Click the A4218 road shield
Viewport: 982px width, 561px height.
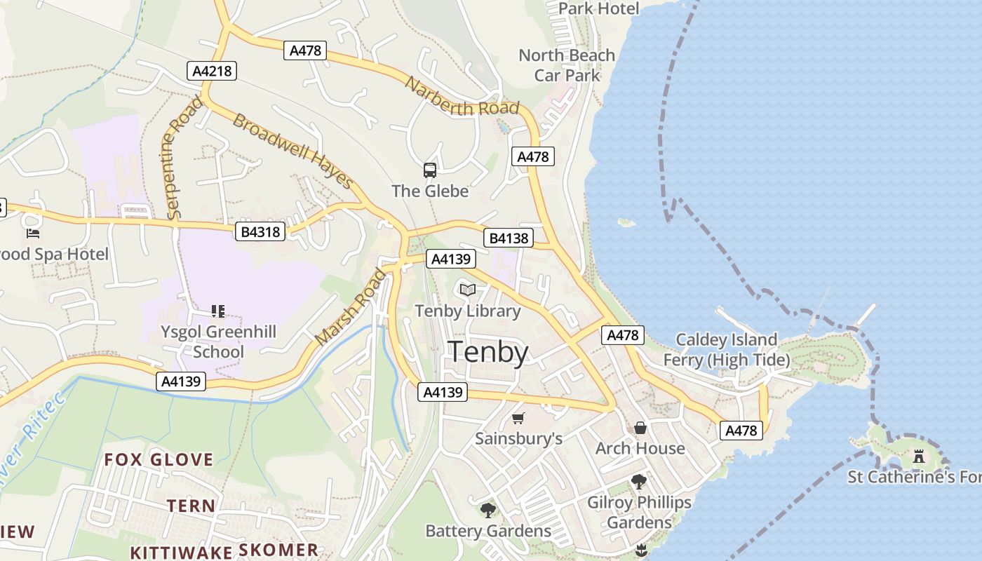click(212, 70)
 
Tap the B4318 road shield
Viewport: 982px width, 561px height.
click(260, 231)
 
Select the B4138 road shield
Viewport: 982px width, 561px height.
click(509, 238)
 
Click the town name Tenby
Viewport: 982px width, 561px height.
click(488, 351)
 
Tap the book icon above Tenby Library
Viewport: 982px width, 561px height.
click(467, 290)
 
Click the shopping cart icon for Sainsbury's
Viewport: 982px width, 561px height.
click(518, 419)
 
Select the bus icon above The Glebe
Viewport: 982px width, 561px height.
click(429, 170)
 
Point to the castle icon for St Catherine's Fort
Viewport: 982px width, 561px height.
click(918, 457)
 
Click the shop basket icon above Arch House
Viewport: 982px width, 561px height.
click(640, 428)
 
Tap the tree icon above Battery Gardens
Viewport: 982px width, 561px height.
click(487, 510)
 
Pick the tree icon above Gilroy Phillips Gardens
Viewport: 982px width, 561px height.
click(638, 482)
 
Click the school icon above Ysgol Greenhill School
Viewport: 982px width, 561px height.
click(217, 311)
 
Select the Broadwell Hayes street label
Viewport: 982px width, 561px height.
click(293, 151)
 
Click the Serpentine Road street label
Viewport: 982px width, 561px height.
click(180, 158)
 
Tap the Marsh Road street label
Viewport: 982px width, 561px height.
click(351, 307)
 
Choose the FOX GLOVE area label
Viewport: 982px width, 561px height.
click(159, 460)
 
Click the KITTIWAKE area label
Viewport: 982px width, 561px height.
click(180, 552)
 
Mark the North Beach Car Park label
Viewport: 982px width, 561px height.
click(567, 65)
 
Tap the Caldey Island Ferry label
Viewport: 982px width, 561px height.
click(727, 350)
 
